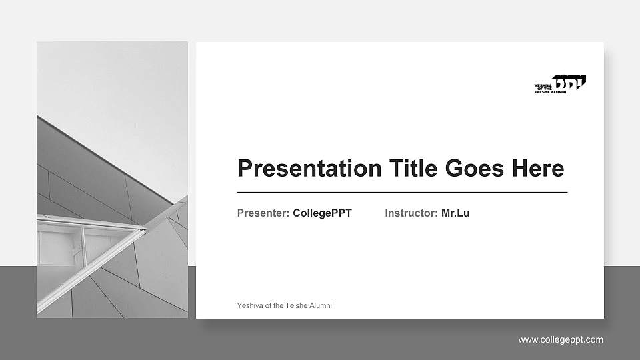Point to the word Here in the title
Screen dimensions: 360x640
pos(538,168)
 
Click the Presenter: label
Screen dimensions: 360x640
pos(263,213)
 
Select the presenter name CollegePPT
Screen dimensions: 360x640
pos(322,213)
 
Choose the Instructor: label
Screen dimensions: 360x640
pos(411,213)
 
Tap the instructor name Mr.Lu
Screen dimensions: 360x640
pos(455,213)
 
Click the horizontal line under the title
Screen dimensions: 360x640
pos(402,192)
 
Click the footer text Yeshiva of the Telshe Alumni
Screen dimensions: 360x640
pos(284,305)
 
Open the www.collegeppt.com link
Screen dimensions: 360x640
pos(561,340)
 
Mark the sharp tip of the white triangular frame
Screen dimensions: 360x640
pos(145,229)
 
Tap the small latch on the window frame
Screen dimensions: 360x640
pos(76,252)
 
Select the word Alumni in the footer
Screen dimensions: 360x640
pos(320,305)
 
